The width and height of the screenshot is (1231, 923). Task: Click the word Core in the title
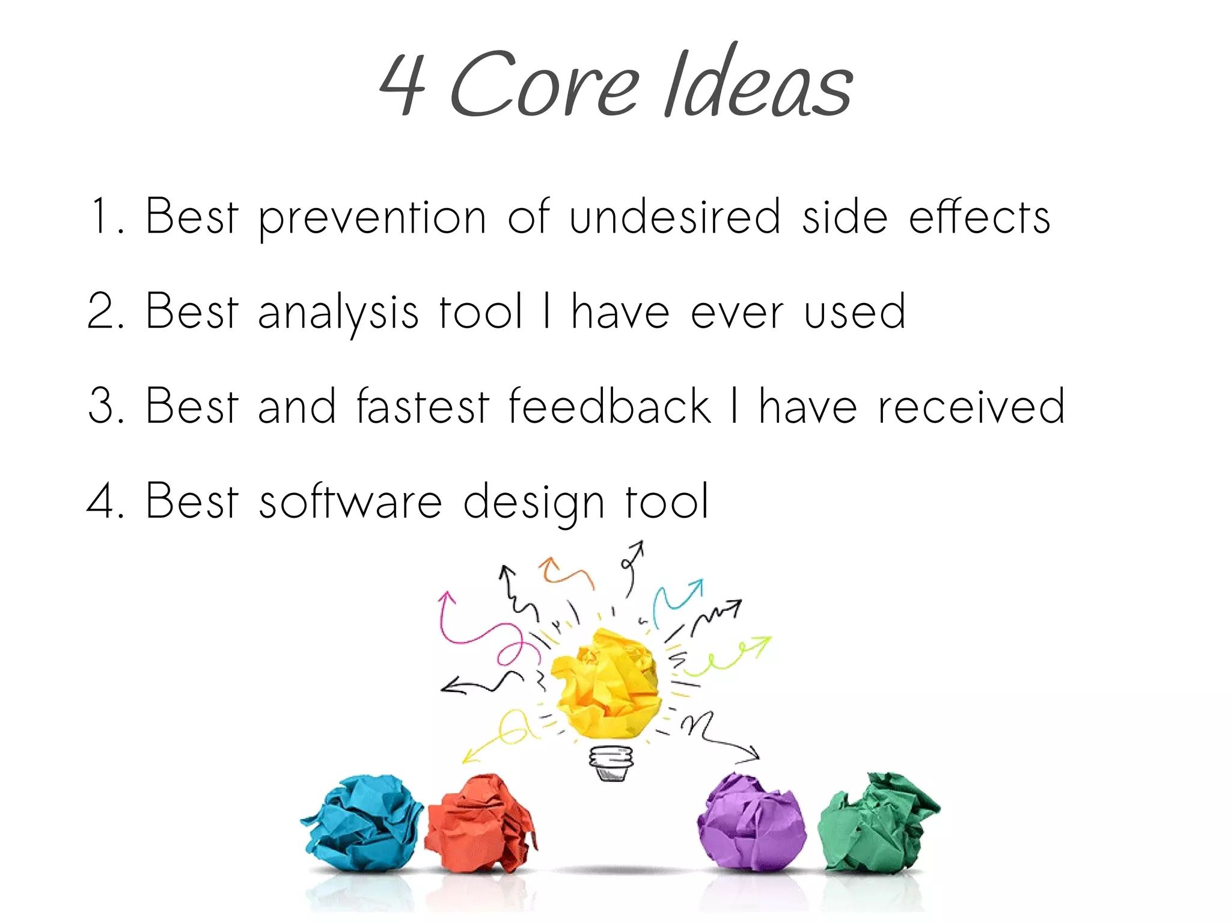tap(544, 84)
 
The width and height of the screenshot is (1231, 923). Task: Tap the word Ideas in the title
tap(759, 81)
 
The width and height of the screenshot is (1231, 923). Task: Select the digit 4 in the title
tap(403, 84)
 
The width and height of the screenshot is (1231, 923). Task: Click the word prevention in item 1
tap(372, 218)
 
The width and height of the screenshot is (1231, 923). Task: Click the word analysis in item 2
tap(338, 313)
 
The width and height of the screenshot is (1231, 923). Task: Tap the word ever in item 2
tap(737, 313)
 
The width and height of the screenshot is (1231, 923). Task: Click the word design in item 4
tap(534, 503)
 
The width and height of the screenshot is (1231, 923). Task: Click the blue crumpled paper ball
tap(362, 823)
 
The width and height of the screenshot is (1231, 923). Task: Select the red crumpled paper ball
tap(481, 823)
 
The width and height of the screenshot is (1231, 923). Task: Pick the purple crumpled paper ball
tap(751, 823)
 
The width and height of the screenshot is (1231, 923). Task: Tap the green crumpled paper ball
tap(878, 823)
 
